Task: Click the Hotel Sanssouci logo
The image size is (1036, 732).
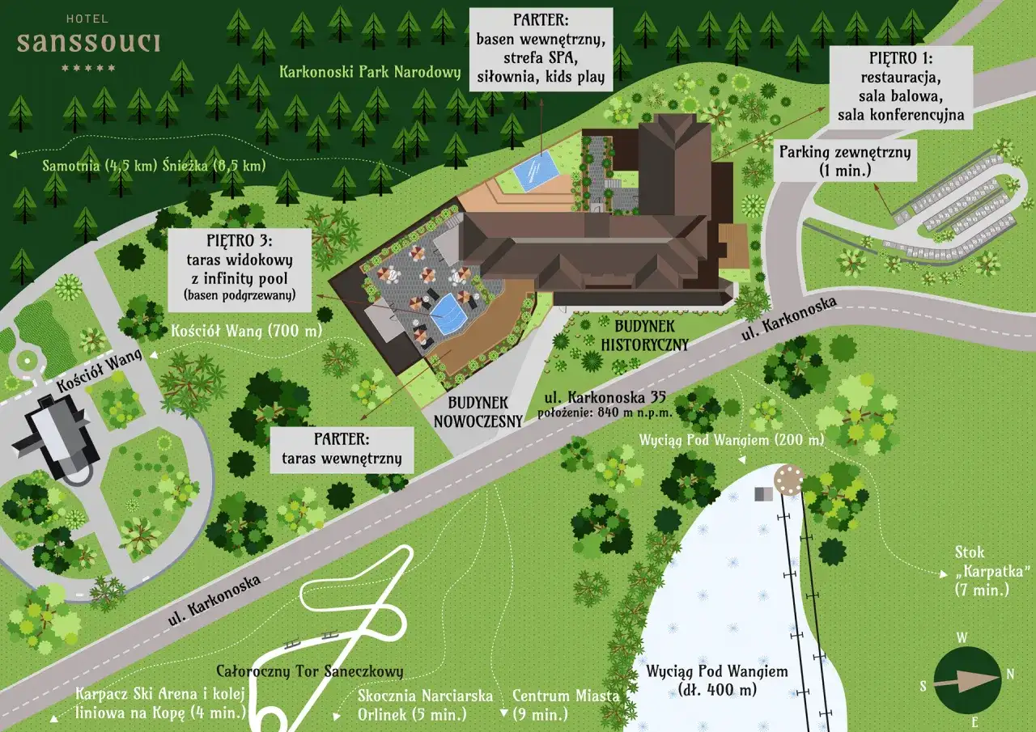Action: point(88,43)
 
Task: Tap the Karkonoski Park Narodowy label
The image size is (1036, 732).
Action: point(370,72)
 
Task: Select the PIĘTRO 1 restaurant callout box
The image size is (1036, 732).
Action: point(901,86)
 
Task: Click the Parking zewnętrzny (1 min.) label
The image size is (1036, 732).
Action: point(845,160)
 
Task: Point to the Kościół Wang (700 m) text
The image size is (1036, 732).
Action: point(247,332)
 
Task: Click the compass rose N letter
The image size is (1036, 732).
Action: point(1010,674)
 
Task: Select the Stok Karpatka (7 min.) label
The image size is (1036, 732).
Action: point(981,571)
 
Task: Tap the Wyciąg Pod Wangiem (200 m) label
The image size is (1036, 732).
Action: point(731,440)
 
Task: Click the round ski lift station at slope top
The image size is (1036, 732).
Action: point(786,479)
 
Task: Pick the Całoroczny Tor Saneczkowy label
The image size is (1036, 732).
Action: point(310,671)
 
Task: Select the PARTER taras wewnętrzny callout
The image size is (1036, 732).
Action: point(342,450)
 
